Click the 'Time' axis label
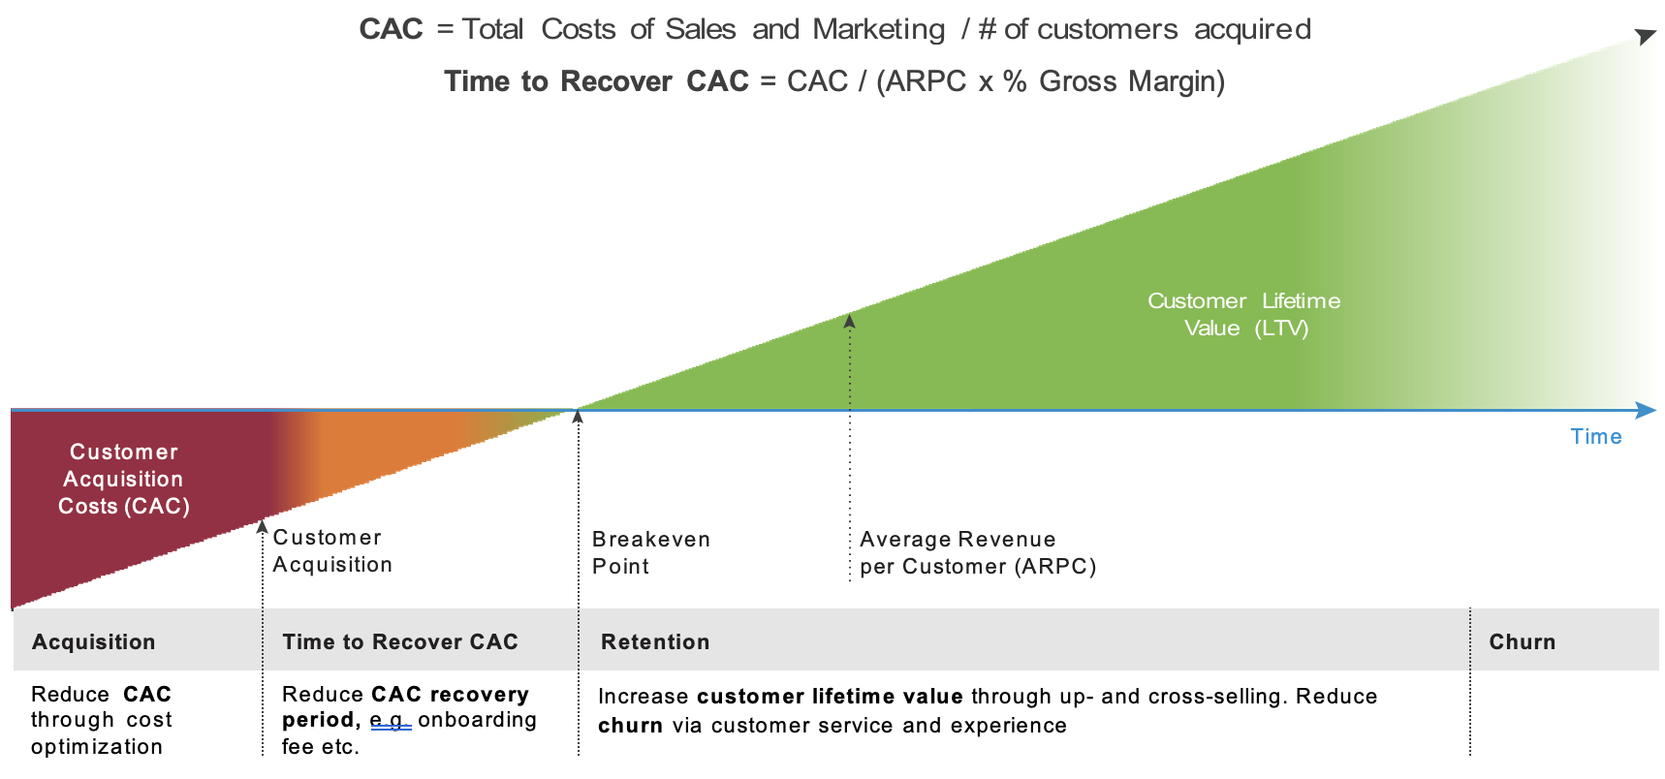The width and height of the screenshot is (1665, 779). (x=1595, y=436)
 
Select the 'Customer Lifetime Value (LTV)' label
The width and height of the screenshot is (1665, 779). (x=1244, y=314)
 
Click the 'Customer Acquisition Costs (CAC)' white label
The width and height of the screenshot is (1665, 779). (x=123, y=479)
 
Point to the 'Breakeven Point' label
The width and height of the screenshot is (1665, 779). (x=650, y=552)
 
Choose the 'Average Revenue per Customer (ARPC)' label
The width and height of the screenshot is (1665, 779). (x=977, y=552)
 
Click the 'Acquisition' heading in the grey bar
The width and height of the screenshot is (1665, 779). (x=93, y=641)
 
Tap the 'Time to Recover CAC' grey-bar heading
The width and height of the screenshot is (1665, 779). (x=399, y=641)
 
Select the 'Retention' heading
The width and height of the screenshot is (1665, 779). (x=655, y=641)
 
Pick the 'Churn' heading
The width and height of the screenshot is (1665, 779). (x=1522, y=641)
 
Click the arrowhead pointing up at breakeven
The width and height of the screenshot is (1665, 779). (x=578, y=417)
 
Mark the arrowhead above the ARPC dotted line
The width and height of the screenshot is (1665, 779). (x=849, y=321)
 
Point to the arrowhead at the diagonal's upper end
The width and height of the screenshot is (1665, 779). (x=1645, y=37)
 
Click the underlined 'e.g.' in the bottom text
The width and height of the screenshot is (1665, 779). (x=391, y=720)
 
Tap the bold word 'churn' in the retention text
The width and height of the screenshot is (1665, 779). (x=630, y=726)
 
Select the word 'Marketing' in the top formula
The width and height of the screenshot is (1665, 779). (x=878, y=29)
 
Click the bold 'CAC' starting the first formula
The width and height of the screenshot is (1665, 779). (x=391, y=29)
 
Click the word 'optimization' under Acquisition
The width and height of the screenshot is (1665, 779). (x=97, y=746)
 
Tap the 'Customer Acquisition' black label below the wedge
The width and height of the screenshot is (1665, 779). (x=331, y=550)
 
